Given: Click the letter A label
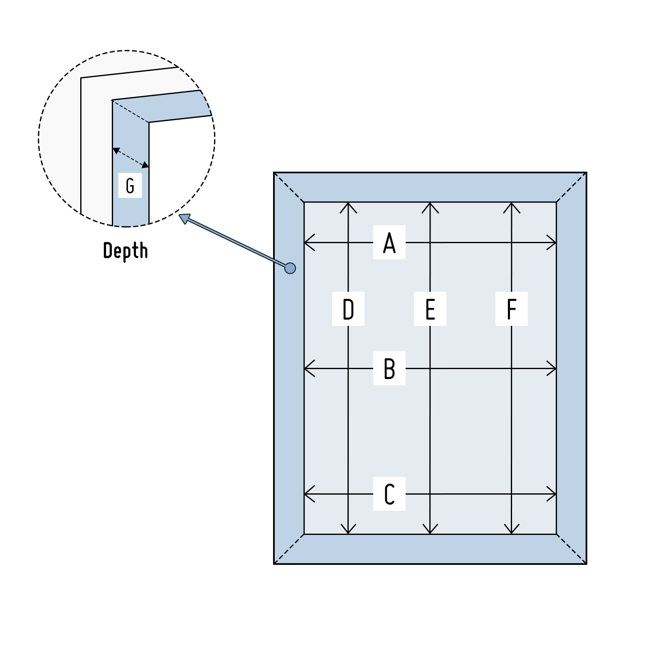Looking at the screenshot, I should pyautogui.click(x=389, y=243).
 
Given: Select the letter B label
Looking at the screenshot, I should pyautogui.click(x=389, y=368).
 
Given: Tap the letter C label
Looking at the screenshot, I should pyautogui.click(x=389, y=494).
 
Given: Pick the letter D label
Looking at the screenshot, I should pyautogui.click(x=348, y=309).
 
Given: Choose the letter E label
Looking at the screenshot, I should pyautogui.click(x=430, y=309).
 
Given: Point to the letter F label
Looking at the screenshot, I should pyautogui.click(x=512, y=309).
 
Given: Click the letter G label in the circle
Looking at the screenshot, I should pyautogui.click(x=130, y=185).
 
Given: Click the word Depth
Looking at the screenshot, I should pyautogui.click(x=125, y=251).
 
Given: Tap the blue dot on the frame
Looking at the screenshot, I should pyautogui.click(x=290, y=268).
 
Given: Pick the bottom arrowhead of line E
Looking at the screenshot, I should pyautogui.click(x=430, y=530).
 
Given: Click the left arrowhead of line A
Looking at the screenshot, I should pyautogui.click(x=308, y=243).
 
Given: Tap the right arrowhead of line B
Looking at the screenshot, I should pyautogui.click(x=552, y=368).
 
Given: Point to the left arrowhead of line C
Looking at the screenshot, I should pyautogui.click(x=308, y=494).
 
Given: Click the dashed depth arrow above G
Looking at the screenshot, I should pyautogui.click(x=131, y=158).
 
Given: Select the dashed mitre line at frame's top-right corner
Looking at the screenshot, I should pyautogui.click(x=571, y=187).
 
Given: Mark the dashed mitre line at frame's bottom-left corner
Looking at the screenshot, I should pyautogui.click(x=289, y=549).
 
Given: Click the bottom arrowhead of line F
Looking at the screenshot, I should pyautogui.click(x=512, y=530).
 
